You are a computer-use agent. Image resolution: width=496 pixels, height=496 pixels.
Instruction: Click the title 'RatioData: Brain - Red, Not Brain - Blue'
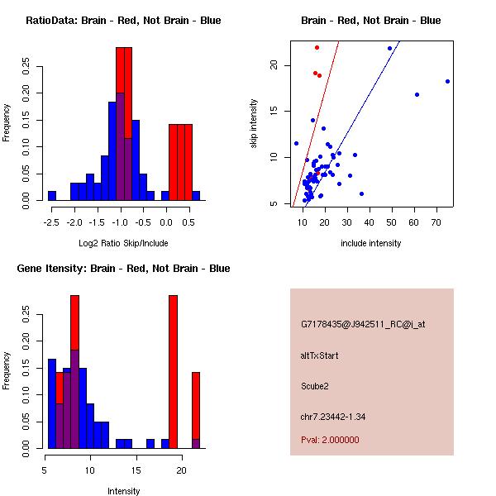[123, 20]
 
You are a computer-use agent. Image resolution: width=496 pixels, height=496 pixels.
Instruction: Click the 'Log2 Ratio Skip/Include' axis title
[123, 243]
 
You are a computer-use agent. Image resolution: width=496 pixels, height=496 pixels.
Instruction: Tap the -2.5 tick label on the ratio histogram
[52, 222]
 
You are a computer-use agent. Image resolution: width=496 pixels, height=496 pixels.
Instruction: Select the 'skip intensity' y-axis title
[254, 124]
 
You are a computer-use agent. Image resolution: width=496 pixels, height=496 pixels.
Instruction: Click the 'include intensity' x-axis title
[371, 243]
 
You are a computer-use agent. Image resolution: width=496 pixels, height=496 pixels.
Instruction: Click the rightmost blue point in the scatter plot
[447, 81]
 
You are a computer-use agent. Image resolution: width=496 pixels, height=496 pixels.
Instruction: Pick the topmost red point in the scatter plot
[317, 47]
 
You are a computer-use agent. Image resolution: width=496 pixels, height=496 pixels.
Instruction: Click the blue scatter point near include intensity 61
[417, 94]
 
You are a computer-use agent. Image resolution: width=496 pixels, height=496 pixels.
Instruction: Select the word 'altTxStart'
[319, 355]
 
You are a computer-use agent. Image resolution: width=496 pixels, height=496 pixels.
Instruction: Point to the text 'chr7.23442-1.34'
[333, 415]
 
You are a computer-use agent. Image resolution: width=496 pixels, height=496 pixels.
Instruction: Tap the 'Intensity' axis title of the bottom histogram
[123, 491]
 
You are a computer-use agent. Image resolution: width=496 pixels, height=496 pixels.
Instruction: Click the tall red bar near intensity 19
[173, 372]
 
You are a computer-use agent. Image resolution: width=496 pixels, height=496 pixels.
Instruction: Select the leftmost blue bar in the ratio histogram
[52, 195]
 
